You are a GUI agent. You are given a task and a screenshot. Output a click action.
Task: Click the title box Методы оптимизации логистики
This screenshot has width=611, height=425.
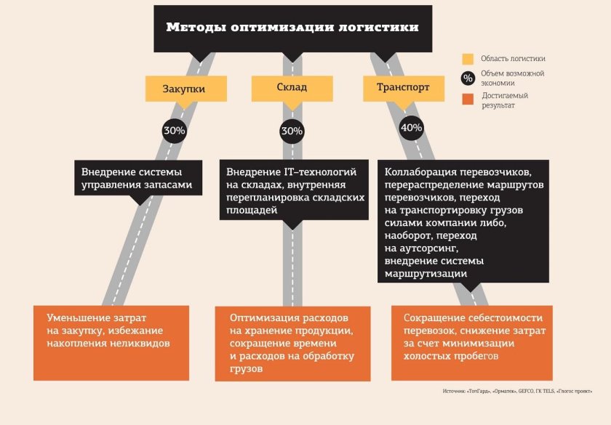point(292,28)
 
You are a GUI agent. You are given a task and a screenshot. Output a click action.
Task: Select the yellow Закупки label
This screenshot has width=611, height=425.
point(183,89)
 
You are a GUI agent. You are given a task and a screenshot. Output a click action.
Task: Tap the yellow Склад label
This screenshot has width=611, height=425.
point(292,88)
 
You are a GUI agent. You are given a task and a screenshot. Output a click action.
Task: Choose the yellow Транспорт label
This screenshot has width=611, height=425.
point(402,87)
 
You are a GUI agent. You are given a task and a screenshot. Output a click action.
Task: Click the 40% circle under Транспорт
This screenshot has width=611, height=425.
point(411,128)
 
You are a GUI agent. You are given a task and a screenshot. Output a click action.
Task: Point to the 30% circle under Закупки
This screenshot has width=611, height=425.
point(174,131)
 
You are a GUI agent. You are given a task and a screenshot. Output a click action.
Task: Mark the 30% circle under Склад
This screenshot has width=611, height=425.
point(292,131)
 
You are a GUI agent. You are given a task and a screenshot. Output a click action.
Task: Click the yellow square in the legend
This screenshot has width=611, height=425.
point(468,59)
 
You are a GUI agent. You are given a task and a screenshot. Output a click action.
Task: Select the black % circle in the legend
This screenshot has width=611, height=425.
point(468,78)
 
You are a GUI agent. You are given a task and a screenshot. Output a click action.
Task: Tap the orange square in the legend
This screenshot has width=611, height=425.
point(468,99)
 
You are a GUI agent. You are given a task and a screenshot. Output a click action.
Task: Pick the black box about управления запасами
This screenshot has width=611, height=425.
point(136,178)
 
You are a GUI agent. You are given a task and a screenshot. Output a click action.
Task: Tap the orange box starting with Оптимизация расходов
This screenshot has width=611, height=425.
point(292,343)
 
